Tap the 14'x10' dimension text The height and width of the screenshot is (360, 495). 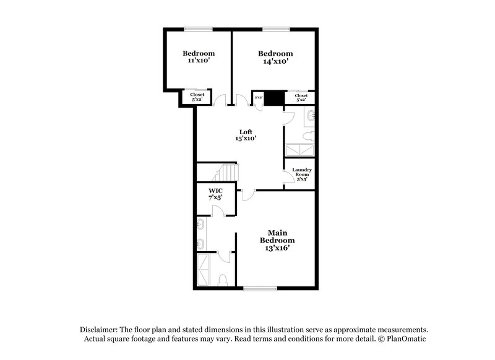click(275, 62)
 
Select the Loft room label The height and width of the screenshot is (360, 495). click(246, 132)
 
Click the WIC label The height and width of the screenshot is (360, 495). click(215, 191)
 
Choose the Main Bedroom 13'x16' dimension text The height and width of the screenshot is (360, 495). click(277, 248)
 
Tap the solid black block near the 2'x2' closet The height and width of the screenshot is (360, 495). click(275, 97)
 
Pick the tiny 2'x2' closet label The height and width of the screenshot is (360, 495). click(259, 97)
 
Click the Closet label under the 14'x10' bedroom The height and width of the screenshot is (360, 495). click(301, 95)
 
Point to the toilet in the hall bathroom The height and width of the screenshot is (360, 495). click(309, 135)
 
